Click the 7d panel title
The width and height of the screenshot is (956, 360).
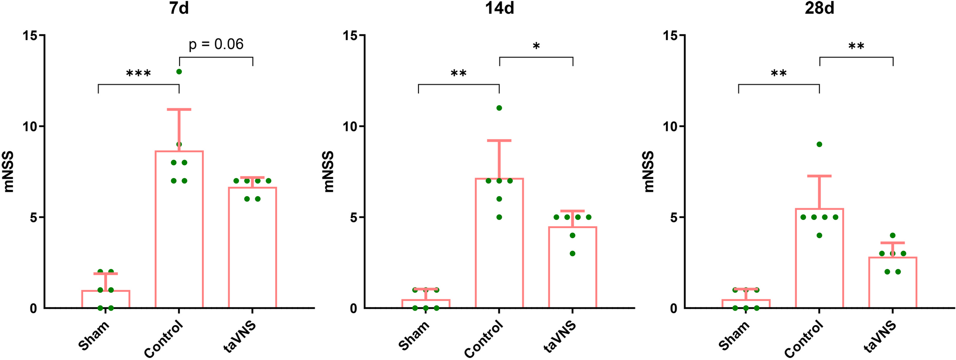coord(179,9)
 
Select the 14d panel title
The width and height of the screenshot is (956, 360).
coord(499,9)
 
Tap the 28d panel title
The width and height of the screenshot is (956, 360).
coord(819,9)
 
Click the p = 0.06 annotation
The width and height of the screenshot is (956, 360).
coord(216,44)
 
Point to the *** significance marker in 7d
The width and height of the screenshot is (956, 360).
coord(139,74)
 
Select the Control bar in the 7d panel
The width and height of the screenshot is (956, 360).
coord(179,238)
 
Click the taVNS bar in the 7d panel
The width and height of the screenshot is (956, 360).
coord(252,252)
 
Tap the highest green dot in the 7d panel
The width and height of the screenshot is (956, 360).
coord(179,71)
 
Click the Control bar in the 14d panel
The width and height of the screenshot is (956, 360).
coord(499,248)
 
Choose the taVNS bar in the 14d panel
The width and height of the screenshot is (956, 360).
coord(572,271)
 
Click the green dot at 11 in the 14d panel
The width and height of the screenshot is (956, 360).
coord(499,108)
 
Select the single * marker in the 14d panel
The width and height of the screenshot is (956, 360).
coord(536,47)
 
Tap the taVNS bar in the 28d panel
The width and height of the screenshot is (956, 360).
coord(893,286)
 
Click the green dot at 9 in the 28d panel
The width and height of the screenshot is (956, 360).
coord(819,144)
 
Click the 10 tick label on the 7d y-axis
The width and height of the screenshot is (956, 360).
coord(30,126)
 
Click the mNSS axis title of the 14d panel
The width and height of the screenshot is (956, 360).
coord(329,171)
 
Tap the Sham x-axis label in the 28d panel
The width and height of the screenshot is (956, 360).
coord(735,336)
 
